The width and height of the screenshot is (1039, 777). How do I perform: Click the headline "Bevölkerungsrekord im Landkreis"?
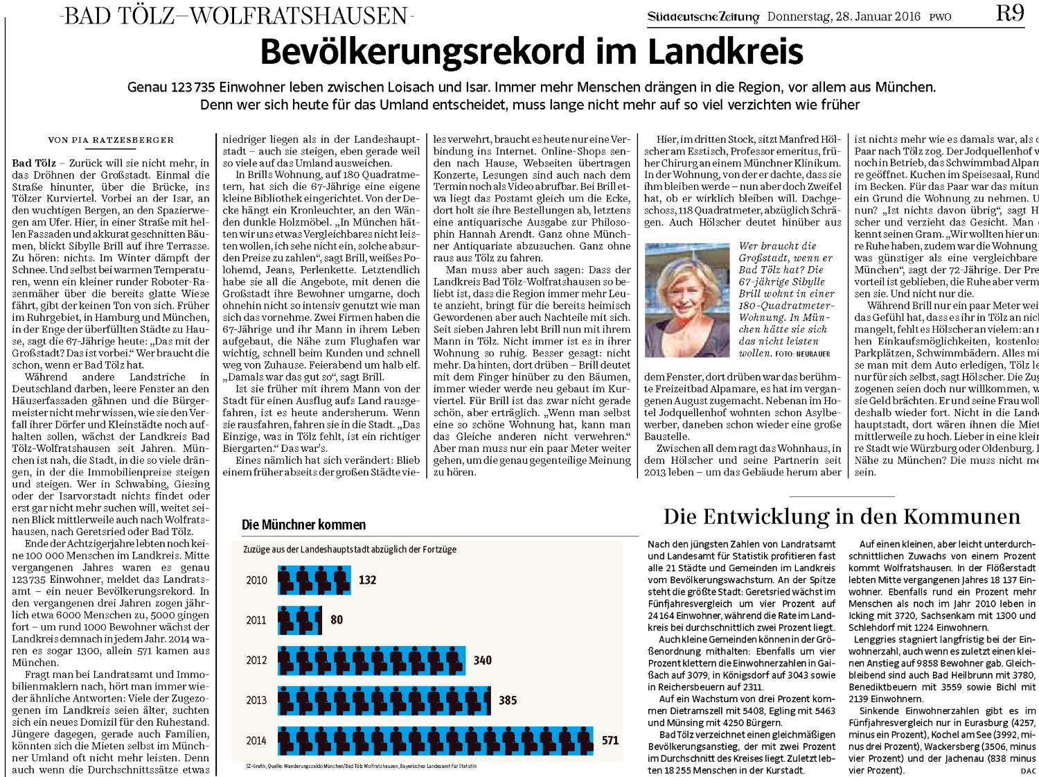coord(531,52)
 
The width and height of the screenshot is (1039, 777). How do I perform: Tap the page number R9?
coord(1010,13)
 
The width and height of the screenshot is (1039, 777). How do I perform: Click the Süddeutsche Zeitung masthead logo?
coord(703,17)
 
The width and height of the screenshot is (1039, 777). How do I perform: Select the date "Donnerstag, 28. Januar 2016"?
coord(844,17)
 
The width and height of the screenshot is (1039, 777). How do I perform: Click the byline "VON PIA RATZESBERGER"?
coord(111,140)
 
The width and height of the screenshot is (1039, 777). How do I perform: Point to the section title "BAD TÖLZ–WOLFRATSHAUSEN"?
coord(236,15)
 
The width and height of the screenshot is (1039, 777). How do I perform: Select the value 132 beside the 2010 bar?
coord(367,580)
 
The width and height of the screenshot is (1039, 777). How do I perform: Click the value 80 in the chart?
coord(337,620)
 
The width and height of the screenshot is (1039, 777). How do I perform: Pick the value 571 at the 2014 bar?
coord(610,740)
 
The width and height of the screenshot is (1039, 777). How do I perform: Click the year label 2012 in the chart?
coord(256,661)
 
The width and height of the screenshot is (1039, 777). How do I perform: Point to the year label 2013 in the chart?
coord(256,701)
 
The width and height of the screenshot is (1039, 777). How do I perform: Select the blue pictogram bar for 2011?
coord(301,620)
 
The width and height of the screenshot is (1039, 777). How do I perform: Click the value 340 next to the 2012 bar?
coord(483,661)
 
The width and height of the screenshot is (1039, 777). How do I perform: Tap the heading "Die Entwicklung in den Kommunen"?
coord(842,517)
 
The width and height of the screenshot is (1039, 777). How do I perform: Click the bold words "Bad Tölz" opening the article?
coord(34,164)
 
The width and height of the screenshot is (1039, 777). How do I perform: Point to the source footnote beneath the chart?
coord(362,766)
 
